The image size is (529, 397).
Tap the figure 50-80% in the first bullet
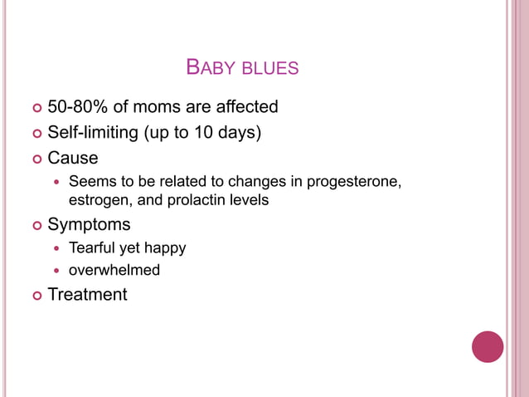(x=80, y=107)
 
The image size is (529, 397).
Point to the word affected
(x=243, y=107)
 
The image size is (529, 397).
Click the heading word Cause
(x=73, y=158)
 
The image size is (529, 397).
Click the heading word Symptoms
(x=89, y=224)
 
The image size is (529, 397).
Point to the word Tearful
(x=92, y=248)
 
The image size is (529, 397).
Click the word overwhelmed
(x=114, y=270)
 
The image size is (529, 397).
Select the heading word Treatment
(x=88, y=294)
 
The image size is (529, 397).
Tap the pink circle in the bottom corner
(x=488, y=346)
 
